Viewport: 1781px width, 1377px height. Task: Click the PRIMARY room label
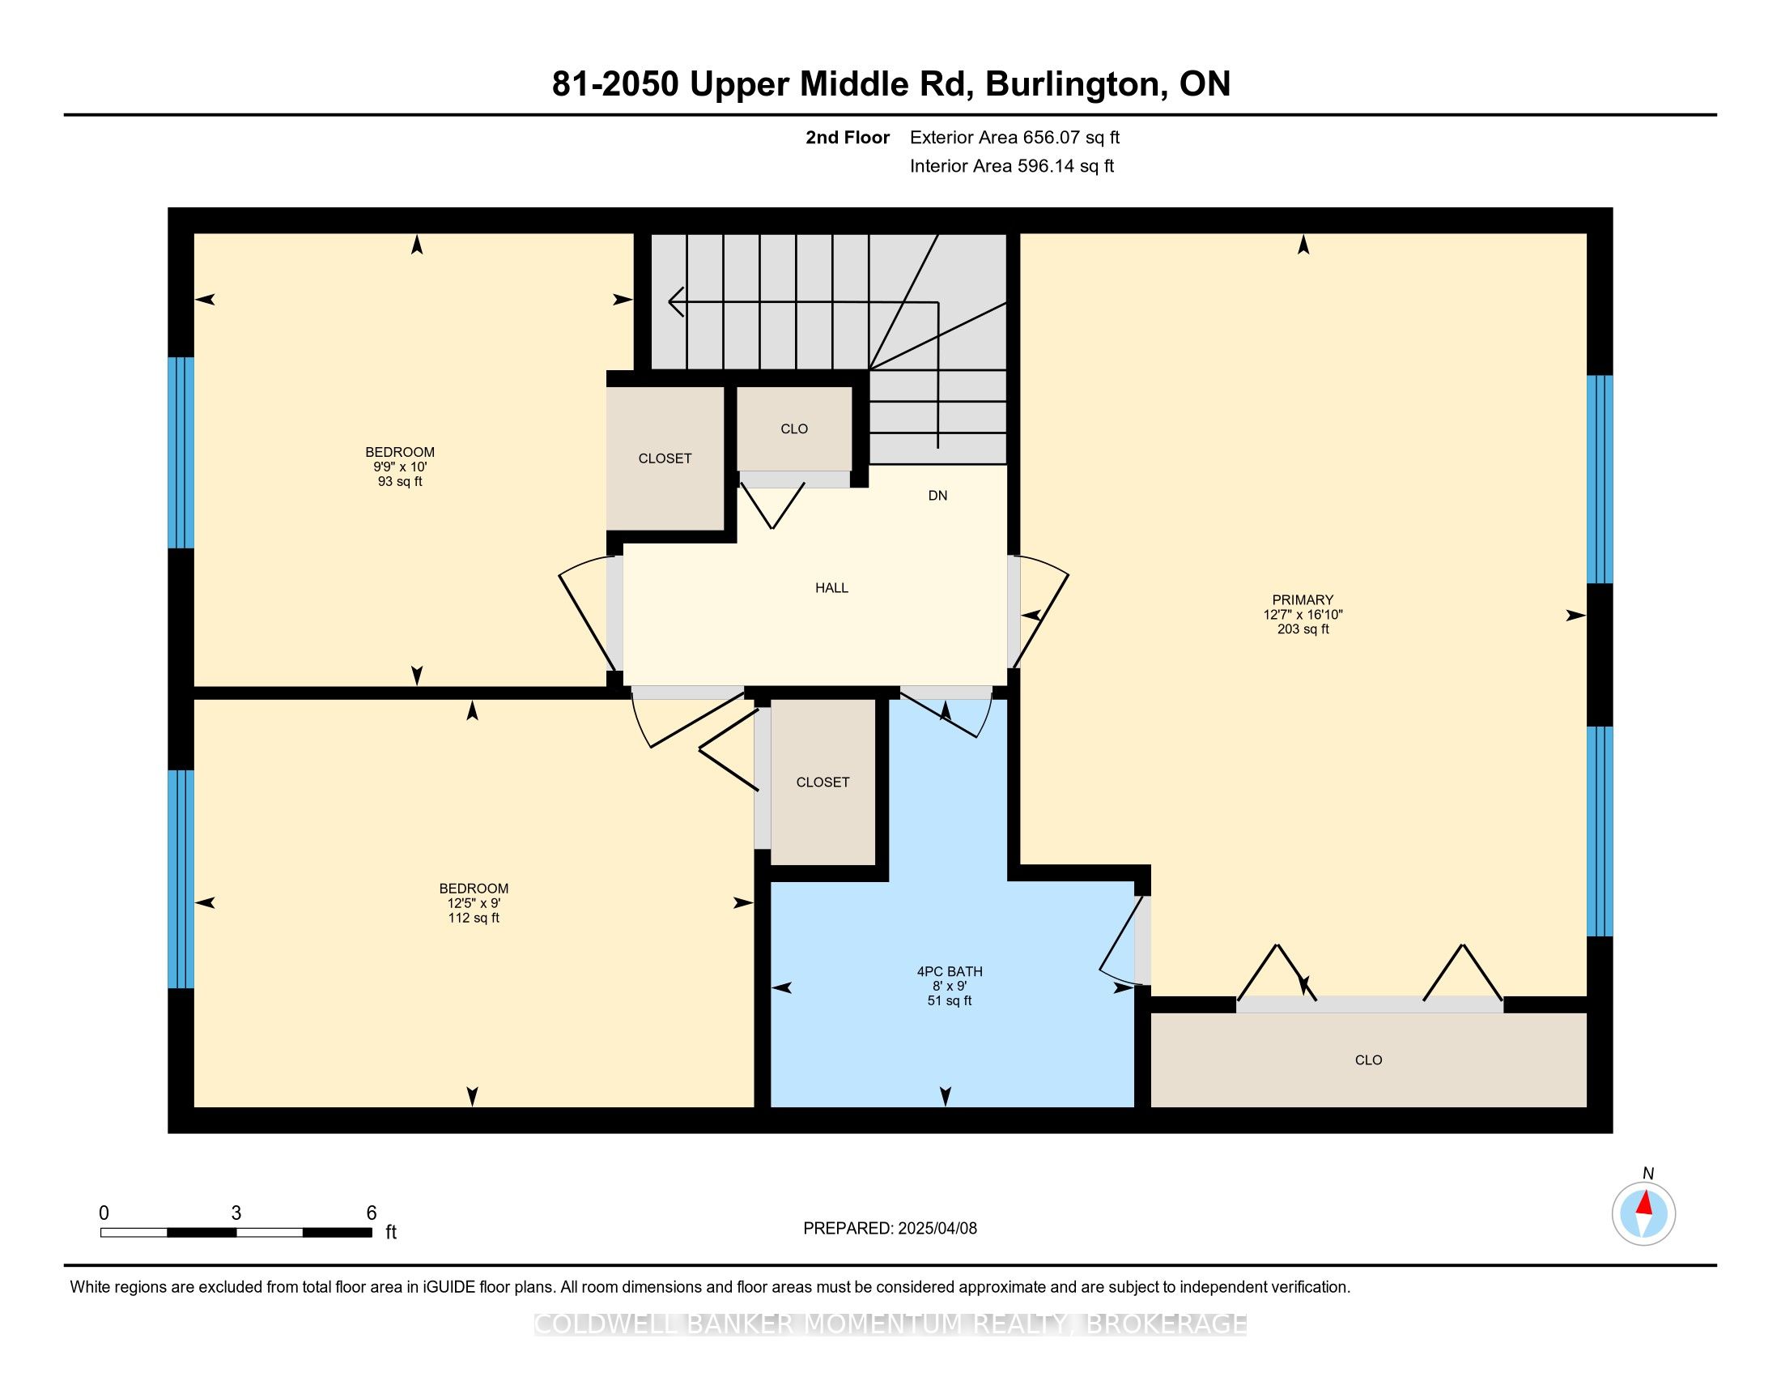coord(1303,599)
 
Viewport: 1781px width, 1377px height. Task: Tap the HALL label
coord(831,587)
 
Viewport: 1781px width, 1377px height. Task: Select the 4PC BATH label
coord(950,971)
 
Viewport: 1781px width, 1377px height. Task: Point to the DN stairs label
coord(937,495)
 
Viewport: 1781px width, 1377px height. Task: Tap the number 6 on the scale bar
coord(371,1213)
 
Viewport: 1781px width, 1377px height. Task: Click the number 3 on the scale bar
coord(236,1213)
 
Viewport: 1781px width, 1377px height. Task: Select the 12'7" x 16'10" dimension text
coord(1303,614)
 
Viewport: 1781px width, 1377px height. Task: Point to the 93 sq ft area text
coord(400,481)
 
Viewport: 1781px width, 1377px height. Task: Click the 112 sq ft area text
coord(474,918)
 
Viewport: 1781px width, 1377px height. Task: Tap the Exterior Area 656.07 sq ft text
coord(1014,137)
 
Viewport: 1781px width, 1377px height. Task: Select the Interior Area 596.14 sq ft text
coord(1012,165)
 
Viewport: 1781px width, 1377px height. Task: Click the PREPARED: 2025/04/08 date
coord(890,1229)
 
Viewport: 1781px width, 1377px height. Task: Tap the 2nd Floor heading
coord(848,137)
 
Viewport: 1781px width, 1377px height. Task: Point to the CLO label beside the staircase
coord(794,429)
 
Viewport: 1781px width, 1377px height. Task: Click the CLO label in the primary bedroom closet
coord(1368,1060)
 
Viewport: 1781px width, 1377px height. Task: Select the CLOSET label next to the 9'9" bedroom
coord(665,458)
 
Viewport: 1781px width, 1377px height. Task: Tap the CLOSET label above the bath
coord(822,782)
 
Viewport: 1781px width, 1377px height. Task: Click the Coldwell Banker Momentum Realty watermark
coord(890,1324)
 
